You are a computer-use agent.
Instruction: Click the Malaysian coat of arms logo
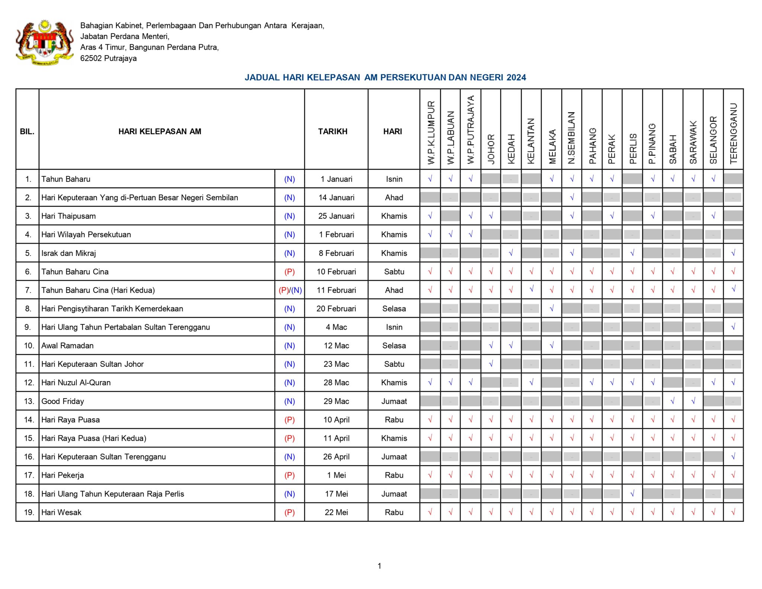point(44,42)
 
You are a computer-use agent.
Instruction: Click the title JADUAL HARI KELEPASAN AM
point(385,77)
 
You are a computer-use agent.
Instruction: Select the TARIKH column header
point(332,131)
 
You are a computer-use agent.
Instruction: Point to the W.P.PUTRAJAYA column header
point(470,129)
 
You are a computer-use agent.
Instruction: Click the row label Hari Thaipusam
point(68,216)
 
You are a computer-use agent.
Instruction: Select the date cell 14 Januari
point(336,198)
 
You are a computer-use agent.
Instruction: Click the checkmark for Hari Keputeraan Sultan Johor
point(491,364)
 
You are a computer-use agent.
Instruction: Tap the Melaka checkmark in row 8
point(552,308)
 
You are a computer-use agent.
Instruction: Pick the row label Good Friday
point(63,401)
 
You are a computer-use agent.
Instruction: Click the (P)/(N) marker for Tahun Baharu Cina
point(290,290)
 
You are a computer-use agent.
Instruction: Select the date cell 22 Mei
point(336,512)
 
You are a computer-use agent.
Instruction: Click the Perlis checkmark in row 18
point(632,494)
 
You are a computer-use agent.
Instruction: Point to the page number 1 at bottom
point(379,566)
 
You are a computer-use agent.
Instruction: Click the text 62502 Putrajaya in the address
point(108,58)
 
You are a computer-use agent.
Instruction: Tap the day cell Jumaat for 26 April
point(394,457)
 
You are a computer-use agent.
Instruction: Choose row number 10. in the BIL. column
point(29,346)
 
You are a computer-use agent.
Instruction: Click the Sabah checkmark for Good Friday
point(672,401)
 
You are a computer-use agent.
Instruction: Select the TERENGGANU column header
point(733,133)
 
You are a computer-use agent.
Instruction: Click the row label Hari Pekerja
point(63,475)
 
